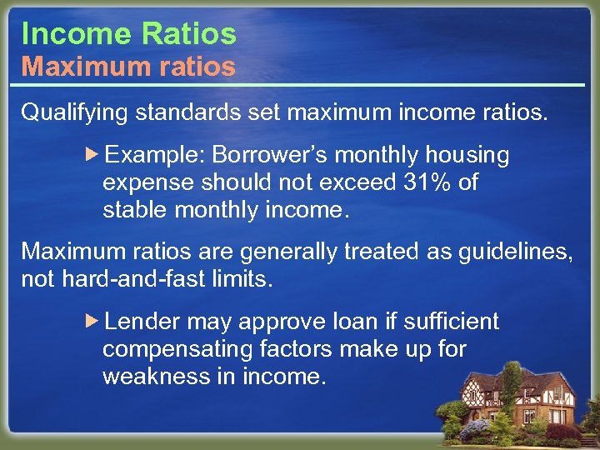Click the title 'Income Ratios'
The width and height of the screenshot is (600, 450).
tap(128, 33)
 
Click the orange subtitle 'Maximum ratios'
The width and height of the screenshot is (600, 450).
tap(128, 67)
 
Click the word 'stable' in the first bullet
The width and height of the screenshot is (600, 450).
tap(136, 210)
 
